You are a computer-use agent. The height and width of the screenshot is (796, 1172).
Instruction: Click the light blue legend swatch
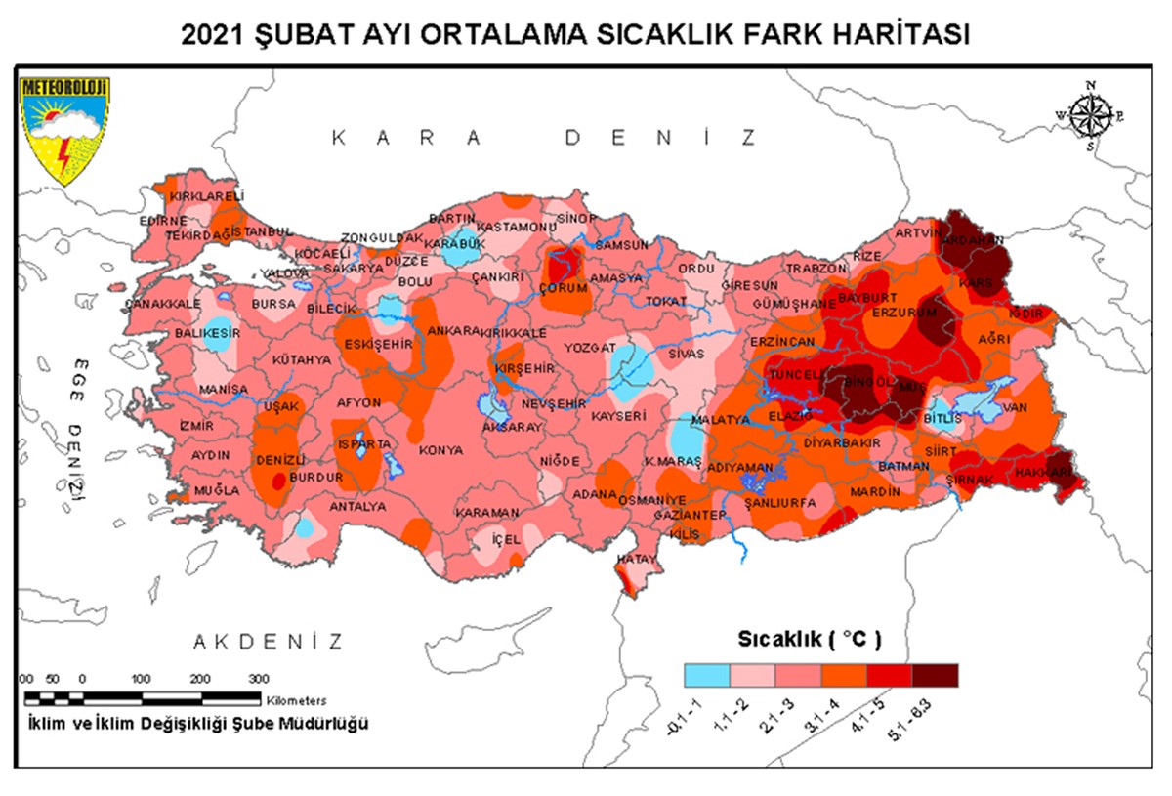pos(706,675)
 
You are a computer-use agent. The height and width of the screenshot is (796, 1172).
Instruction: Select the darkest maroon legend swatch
pos(935,675)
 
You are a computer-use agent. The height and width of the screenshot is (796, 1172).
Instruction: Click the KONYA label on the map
pos(441,451)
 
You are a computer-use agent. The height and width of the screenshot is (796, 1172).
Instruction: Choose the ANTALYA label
pos(358,507)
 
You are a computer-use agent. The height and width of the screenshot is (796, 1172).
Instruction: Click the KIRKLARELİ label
pos(179,196)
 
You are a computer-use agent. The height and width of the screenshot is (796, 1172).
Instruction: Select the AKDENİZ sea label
pos(268,642)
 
